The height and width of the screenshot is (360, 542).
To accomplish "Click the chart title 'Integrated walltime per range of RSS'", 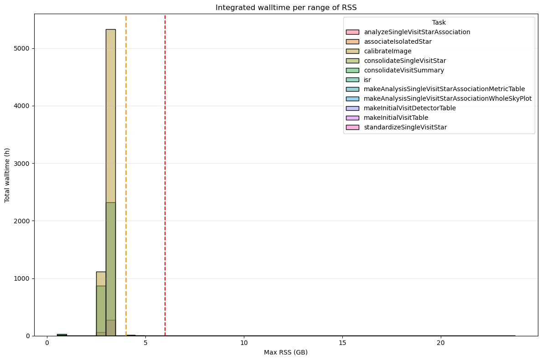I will click(x=286, y=7).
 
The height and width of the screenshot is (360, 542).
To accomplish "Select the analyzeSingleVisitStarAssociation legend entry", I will click(x=417, y=32).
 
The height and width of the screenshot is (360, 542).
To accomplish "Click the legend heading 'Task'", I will click(x=439, y=22).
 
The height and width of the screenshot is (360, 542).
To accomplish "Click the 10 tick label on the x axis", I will click(x=244, y=342).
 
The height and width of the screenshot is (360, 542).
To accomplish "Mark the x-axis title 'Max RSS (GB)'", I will click(x=286, y=352).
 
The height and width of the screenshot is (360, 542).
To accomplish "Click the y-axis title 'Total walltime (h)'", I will click(x=7, y=175).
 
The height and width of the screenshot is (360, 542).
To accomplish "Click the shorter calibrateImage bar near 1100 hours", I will click(x=101, y=278).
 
